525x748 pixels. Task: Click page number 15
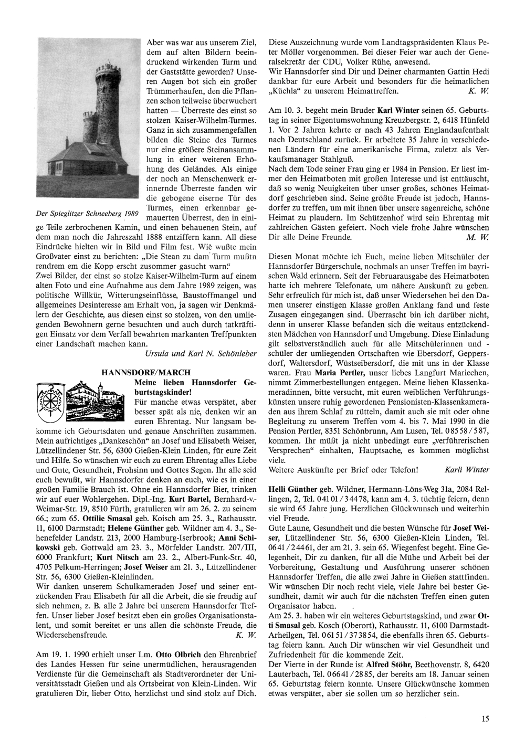485,719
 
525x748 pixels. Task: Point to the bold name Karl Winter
398,111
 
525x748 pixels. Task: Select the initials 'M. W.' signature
477,237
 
